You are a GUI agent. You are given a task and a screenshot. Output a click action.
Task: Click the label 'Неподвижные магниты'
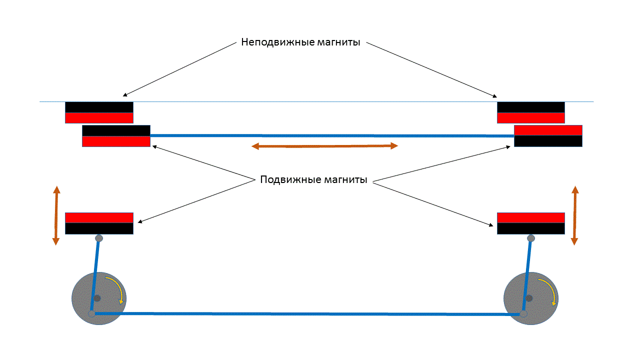click(x=300, y=42)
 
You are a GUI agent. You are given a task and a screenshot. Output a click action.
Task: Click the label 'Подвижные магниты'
click(x=313, y=180)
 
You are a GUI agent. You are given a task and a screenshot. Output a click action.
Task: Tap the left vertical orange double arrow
click(x=56, y=215)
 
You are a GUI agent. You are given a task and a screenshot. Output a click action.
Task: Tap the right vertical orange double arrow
click(x=574, y=215)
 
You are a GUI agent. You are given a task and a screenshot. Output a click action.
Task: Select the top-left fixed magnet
click(x=99, y=112)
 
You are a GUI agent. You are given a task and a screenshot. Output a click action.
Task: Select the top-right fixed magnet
click(x=530, y=112)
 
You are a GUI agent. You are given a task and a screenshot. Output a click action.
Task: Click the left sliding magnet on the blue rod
click(x=116, y=136)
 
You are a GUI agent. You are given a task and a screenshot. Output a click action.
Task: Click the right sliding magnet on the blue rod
click(x=548, y=136)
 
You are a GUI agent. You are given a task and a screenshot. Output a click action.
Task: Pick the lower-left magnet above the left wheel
click(x=99, y=223)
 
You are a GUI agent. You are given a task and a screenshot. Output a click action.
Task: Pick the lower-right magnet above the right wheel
click(x=530, y=223)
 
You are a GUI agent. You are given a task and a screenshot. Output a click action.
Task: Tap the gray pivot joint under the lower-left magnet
click(x=99, y=238)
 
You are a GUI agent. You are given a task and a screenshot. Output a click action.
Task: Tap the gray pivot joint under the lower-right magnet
click(x=531, y=238)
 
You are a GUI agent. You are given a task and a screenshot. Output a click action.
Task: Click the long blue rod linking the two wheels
click(x=307, y=314)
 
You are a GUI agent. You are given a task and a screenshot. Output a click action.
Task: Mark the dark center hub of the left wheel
click(x=97, y=298)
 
